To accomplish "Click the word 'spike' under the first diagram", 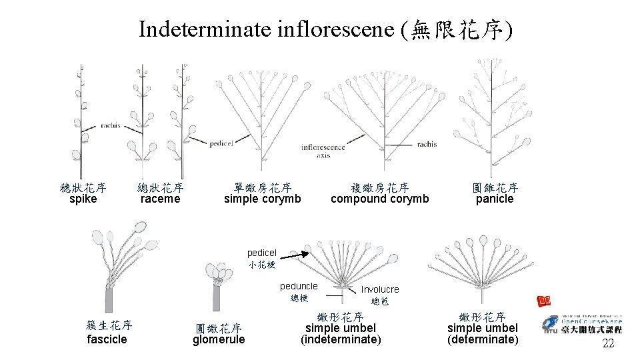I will point(83,199).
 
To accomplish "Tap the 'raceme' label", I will point(160,199).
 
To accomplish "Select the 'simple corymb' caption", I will point(262,199).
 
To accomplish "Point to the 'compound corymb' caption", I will point(379,199).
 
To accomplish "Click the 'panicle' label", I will point(495,199).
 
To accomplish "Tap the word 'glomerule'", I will point(219,340).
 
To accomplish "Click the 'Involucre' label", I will point(380,289).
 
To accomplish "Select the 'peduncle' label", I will point(299,286).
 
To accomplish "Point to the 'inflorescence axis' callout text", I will point(323,151).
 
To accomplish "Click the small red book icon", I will point(544,301).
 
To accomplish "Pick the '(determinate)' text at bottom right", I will point(483,340).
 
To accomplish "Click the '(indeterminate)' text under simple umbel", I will point(341,340).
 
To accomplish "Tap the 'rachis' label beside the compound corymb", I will point(427,144).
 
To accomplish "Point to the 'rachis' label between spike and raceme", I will point(110,125).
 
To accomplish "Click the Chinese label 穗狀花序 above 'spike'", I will point(83,188).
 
